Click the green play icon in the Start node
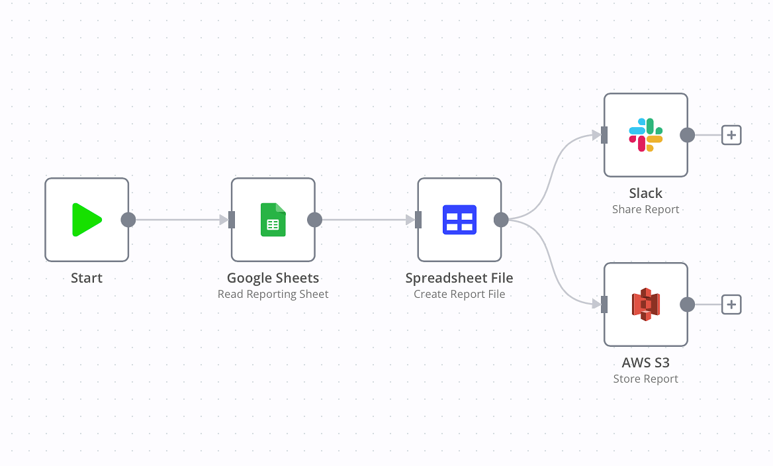pyautogui.click(x=87, y=220)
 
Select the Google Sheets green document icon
pyautogui.click(x=273, y=220)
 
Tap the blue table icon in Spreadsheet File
pyautogui.click(x=459, y=220)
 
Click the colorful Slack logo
pyautogui.click(x=646, y=135)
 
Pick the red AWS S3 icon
pyautogui.click(x=646, y=304)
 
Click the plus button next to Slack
pyautogui.click(x=731, y=135)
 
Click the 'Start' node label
pyautogui.click(x=87, y=278)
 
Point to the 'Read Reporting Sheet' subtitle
pyautogui.click(x=273, y=295)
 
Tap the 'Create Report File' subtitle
pyautogui.click(x=459, y=295)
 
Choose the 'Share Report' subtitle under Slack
pyautogui.click(x=646, y=210)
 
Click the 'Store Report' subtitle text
pyautogui.click(x=646, y=379)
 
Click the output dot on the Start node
pyautogui.click(x=128, y=220)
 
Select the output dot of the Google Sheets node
pyautogui.click(x=314, y=220)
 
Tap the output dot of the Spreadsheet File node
pyautogui.click(x=501, y=220)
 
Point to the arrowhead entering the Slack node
pyautogui.click(x=596, y=135)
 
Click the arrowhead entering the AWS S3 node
pyautogui.click(x=596, y=304)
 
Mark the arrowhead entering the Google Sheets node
pyautogui.click(x=224, y=220)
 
